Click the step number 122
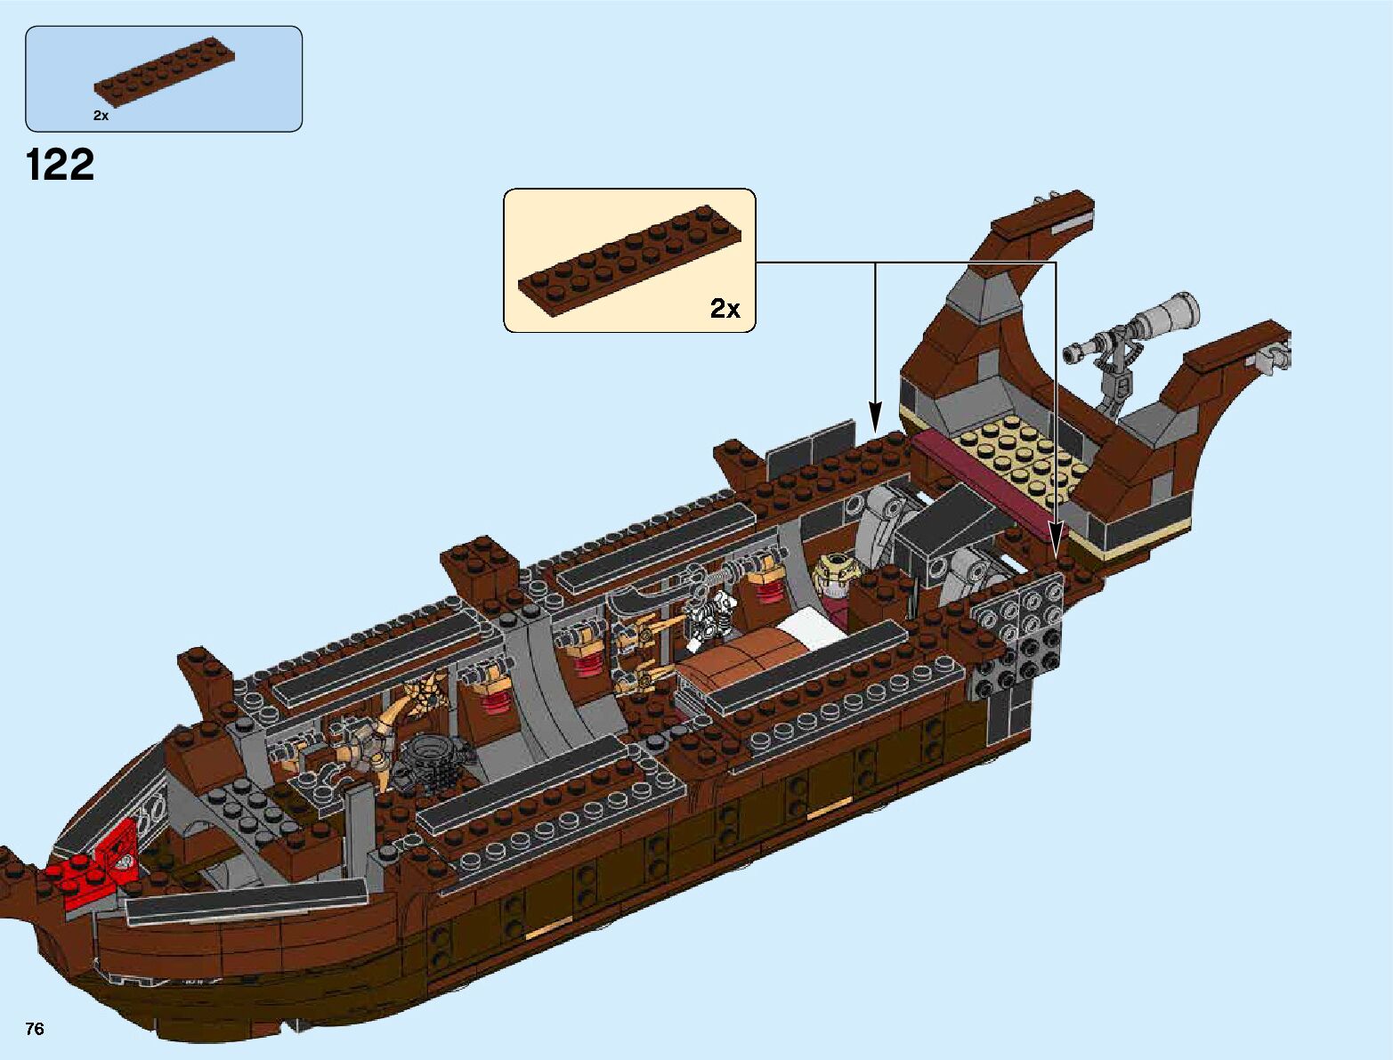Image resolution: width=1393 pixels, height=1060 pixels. [61, 166]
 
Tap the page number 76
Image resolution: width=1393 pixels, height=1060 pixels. [35, 1029]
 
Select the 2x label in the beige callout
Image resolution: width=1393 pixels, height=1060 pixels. [725, 309]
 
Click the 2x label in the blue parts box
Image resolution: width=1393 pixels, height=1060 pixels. [101, 116]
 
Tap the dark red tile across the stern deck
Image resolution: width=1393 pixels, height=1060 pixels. [979, 478]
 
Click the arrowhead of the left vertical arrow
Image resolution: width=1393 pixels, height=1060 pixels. [875, 416]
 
